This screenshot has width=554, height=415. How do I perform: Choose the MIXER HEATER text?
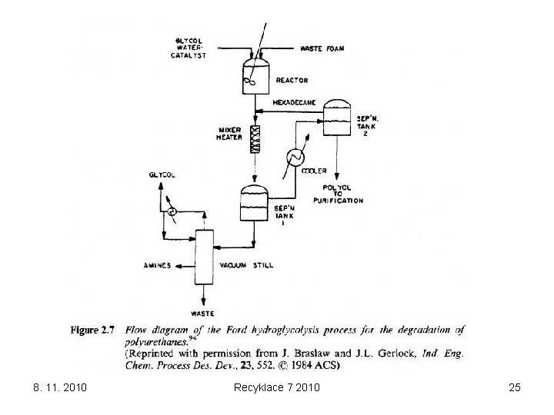229,134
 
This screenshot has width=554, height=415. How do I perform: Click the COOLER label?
314,171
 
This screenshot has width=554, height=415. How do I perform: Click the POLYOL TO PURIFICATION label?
338,194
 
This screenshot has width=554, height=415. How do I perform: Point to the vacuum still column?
205,257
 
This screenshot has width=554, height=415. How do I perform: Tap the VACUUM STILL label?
246,265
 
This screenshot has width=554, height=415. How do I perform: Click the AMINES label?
158,265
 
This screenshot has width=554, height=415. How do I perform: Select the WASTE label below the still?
204,314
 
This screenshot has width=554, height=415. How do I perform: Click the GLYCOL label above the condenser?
162,175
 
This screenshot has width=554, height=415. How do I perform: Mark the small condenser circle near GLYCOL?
173,211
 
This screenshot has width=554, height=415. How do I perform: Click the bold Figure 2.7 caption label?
92,330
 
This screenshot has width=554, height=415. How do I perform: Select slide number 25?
515,387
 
